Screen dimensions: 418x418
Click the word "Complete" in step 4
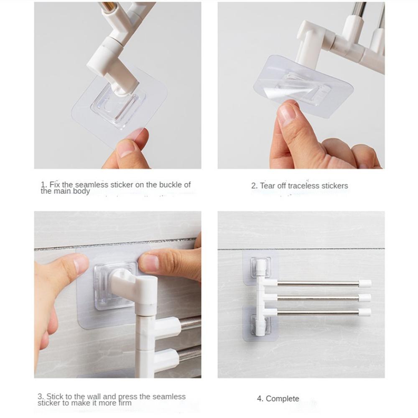pyautogui.click(x=283, y=399)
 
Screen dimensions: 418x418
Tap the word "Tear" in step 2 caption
pyautogui.click(x=268, y=186)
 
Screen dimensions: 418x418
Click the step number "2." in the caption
pyautogui.click(x=254, y=186)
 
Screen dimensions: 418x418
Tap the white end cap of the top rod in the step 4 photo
pyautogui.click(x=365, y=283)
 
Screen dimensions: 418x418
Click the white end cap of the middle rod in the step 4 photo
pyautogui.click(x=364, y=298)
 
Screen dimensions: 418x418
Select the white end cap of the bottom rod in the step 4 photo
pyautogui.click(x=364, y=312)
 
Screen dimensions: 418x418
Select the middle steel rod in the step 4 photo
pyautogui.click(x=318, y=298)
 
